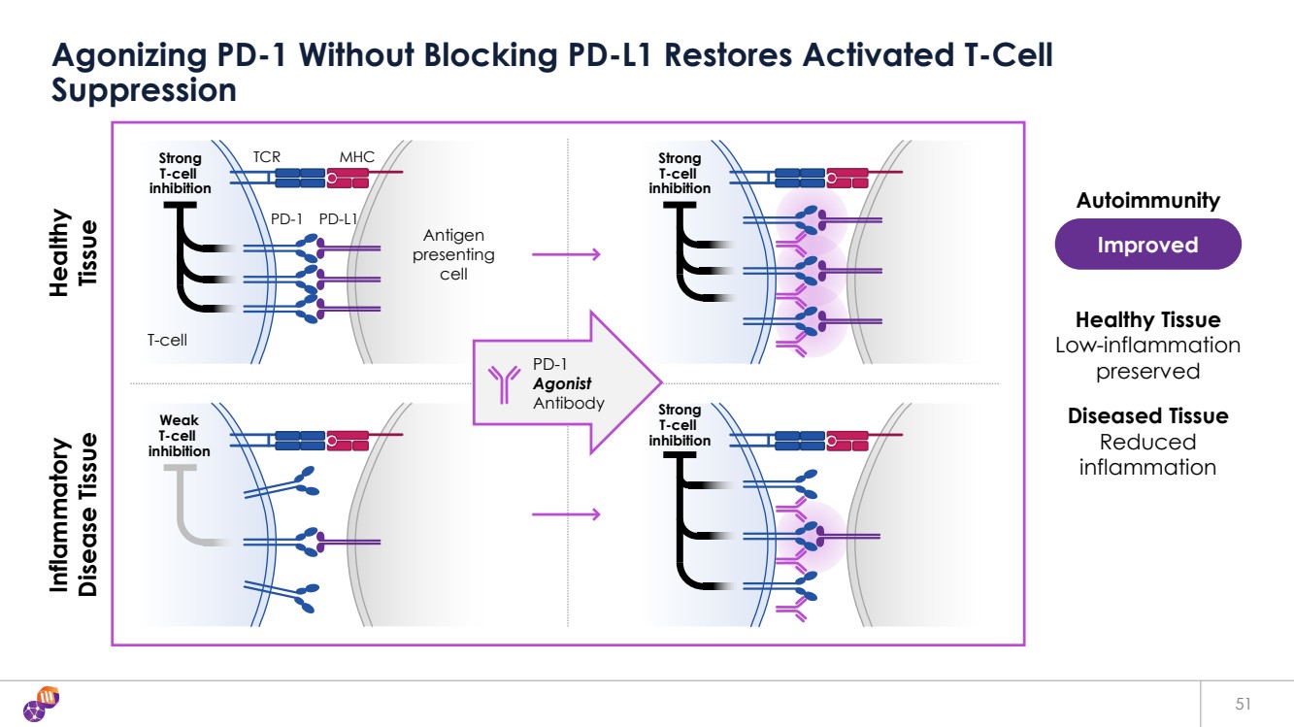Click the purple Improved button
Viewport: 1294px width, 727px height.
[1147, 245]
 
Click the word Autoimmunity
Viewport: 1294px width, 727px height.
[1147, 201]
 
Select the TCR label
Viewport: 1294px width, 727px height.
[267, 156]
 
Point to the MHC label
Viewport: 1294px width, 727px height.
[356, 156]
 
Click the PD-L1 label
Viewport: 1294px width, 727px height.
[339, 219]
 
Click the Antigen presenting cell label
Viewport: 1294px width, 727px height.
[453, 254]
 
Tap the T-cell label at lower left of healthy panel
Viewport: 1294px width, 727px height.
[167, 341]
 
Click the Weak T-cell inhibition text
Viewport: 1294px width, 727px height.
[179, 436]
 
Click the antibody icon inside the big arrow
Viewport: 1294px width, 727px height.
[504, 385]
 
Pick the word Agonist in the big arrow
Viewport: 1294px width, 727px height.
[562, 384]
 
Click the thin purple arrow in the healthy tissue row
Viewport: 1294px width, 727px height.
[566, 254]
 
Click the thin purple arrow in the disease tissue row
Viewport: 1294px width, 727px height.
[566, 513]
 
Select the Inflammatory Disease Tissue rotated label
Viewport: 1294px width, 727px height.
[75, 514]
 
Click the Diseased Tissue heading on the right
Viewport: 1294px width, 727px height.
[1147, 416]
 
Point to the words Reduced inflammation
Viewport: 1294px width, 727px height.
[1147, 455]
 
